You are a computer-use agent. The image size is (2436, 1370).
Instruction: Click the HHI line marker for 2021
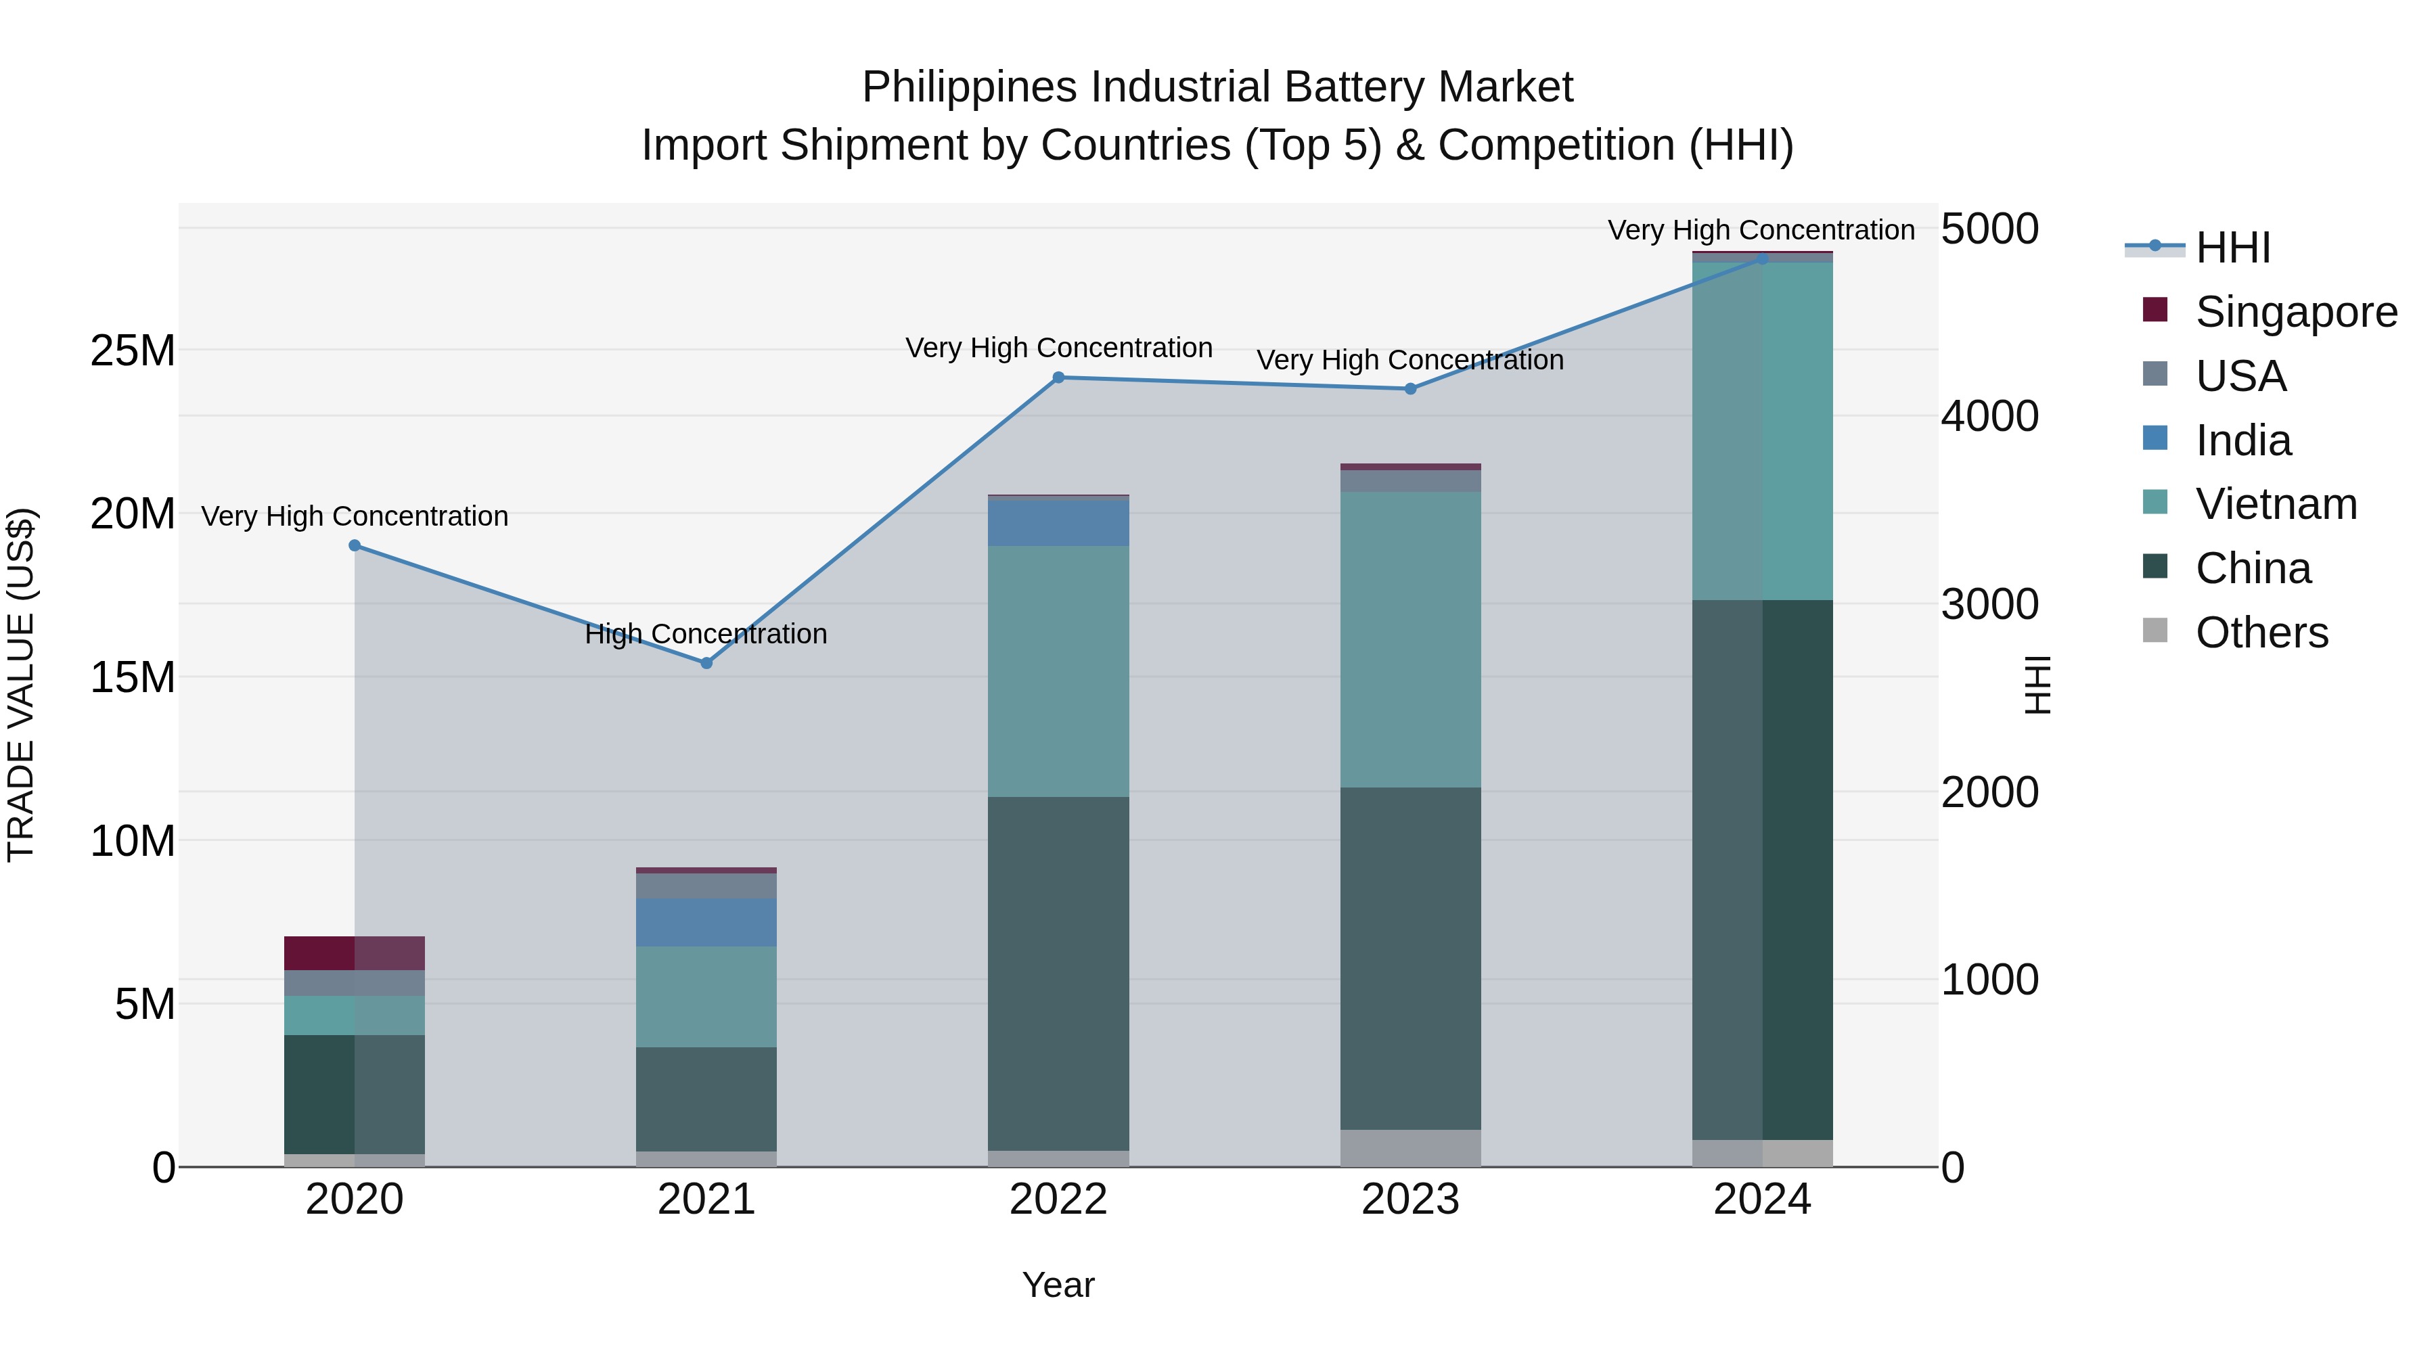click(706, 663)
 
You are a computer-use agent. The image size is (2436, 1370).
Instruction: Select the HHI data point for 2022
click(1058, 378)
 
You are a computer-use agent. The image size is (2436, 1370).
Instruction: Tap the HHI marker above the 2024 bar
click(1762, 258)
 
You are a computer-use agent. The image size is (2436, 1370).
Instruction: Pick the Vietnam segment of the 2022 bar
click(1058, 670)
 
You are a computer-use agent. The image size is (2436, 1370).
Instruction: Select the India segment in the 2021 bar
click(706, 922)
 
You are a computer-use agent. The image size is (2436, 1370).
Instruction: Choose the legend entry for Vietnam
click(2274, 504)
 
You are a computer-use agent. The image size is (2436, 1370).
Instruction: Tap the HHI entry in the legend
click(2232, 248)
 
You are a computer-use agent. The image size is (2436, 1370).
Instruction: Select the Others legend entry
click(2260, 633)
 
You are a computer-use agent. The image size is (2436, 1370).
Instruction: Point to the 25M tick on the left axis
click(133, 350)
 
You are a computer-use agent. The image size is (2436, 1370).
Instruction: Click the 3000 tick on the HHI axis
click(1989, 604)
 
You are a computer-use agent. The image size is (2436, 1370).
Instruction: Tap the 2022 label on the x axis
click(1058, 1200)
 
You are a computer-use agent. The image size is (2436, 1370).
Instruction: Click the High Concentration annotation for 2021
click(706, 633)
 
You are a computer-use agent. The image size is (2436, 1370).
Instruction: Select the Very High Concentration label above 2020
click(355, 516)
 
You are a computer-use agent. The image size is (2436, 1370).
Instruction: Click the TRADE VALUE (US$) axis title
click(21, 685)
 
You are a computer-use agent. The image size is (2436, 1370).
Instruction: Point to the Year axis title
click(1058, 1285)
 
